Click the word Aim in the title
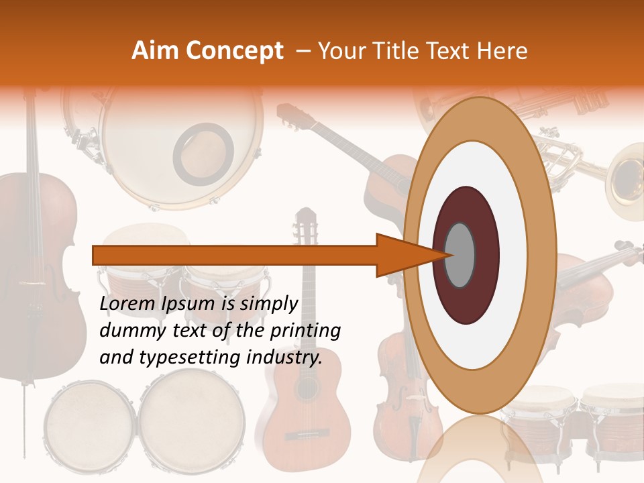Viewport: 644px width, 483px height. (x=155, y=51)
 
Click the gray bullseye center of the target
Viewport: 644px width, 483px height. (x=460, y=255)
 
